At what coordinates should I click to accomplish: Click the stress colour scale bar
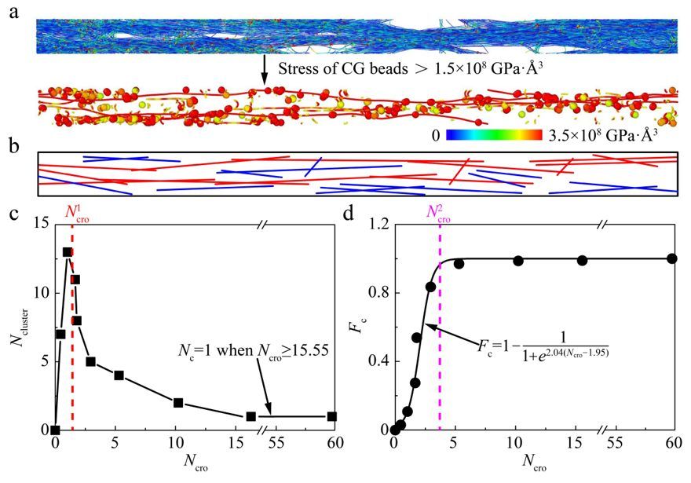(x=495, y=134)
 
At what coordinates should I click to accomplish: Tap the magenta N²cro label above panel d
(x=440, y=211)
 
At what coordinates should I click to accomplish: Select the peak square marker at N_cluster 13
(x=68, y=253)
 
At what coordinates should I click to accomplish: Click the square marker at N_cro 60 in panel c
(x=332, y=416)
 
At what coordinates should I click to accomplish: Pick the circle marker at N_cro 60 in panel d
(x=672, y=258)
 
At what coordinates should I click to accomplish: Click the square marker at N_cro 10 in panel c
(x=178, y=403)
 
